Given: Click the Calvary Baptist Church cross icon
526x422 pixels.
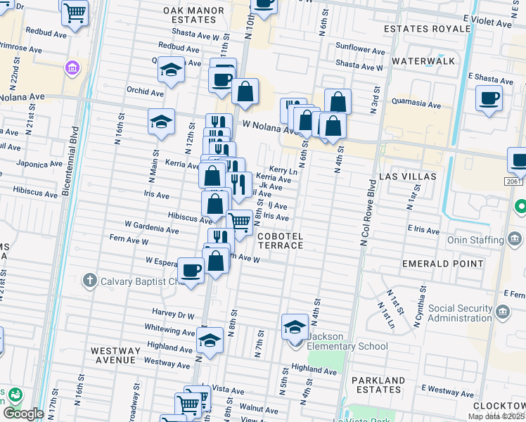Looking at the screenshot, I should tap(89, 282).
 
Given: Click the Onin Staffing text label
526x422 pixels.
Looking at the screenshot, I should tap(476, 240).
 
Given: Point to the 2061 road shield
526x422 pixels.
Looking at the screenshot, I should tap(513, 181).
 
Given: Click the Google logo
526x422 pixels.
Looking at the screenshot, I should tap(23, 414).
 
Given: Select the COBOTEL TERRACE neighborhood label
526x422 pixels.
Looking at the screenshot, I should tap(280, 241).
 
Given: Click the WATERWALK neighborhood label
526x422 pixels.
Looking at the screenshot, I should tap(423, 61).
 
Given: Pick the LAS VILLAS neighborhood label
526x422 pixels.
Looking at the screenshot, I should tap(408, 176).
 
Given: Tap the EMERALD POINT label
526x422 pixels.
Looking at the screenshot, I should tap(440, 264).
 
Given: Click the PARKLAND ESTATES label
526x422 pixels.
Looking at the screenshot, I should tap(377, 386).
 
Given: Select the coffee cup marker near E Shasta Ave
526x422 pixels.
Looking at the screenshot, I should tap(489, 98).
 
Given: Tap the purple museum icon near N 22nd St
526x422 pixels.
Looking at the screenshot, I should tap(72, 68).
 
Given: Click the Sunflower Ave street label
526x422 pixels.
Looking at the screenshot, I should tap(360, 51).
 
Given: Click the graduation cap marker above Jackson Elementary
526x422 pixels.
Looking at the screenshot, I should tap(295, 326).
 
